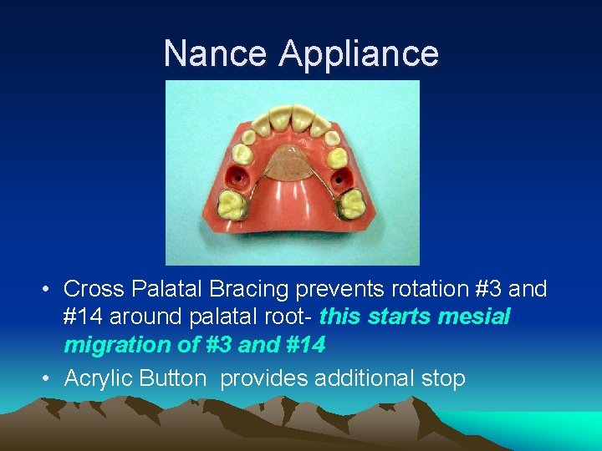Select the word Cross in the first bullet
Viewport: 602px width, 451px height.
[x=93, y=290]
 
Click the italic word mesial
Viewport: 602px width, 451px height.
[x=481, y=317]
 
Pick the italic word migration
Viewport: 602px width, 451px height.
[x=113, y=343]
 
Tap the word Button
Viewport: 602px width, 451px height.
[x=173, y=378]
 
